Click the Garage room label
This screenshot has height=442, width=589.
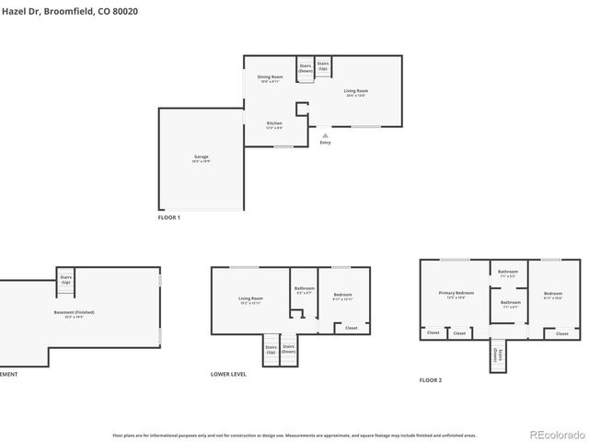coord(201,157)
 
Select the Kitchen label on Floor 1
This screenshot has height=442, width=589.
coord(274,123)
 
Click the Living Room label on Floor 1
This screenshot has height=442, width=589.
coord(356,90)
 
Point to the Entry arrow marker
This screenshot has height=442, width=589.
coord(325,134)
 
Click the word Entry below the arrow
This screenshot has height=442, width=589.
coord(325,143)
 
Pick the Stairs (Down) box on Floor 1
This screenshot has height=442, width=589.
coord(306,67)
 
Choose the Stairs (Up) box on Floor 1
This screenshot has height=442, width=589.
coord(323,66)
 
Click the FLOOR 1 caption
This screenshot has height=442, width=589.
coord(169,217)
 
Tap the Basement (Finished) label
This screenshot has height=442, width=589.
coord(74,312)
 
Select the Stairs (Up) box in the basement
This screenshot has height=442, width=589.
coord(66,279)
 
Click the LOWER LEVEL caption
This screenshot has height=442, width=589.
coord(228,374)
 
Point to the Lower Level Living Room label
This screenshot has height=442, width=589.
coord(251,298)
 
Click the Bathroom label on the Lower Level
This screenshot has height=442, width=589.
coord(305,288)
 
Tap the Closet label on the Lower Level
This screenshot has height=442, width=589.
coord(351,327)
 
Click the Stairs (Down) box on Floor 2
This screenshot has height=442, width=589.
coord(497,355)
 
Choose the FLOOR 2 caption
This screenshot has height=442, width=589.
coord(431,379)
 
